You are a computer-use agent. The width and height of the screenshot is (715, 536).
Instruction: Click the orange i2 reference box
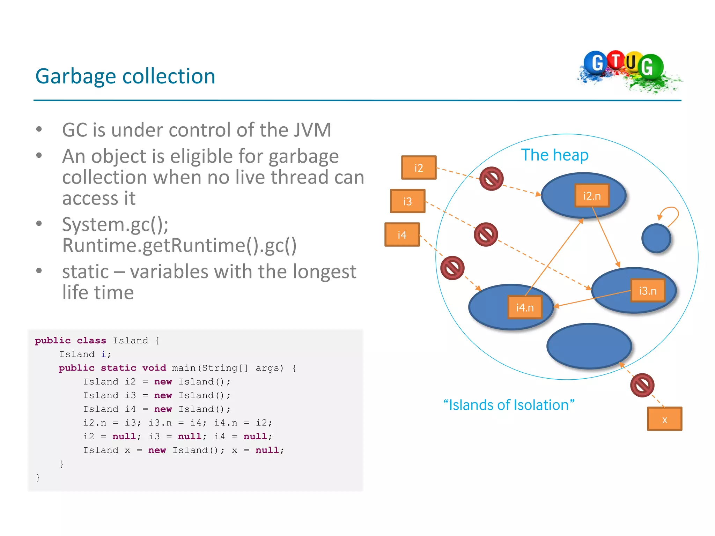pos(419,168)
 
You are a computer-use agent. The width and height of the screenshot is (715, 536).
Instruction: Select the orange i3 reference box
pos(407,201)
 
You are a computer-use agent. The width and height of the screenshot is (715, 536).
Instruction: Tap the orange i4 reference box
pos(402,235)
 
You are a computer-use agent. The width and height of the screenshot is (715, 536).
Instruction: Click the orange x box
pos(664,419)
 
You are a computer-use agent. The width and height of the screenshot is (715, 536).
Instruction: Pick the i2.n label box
pos(592,196)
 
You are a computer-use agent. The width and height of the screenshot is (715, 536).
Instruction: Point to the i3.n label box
pos(648,291)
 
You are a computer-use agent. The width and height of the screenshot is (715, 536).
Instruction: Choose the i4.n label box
pos(525,307)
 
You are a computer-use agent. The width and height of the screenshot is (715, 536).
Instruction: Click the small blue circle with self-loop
pos(656,238)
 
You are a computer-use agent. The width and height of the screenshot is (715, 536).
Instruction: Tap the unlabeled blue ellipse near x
pos(589,346)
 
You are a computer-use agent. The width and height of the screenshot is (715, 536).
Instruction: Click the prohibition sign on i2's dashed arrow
pos(491,179)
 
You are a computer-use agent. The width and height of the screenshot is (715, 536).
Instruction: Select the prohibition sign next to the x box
pos(642,385)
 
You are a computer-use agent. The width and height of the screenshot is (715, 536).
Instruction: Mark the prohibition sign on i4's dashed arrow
pos(452,268)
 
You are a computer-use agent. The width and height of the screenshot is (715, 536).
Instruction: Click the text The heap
pos(555,155)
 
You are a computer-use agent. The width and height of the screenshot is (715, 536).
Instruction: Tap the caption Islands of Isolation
pos(509,405)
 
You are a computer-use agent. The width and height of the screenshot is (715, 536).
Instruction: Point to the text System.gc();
pos(115,224)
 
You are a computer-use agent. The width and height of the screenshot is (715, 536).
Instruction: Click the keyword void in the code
pos(154,368)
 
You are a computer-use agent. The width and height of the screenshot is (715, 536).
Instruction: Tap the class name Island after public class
pos(130,341)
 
